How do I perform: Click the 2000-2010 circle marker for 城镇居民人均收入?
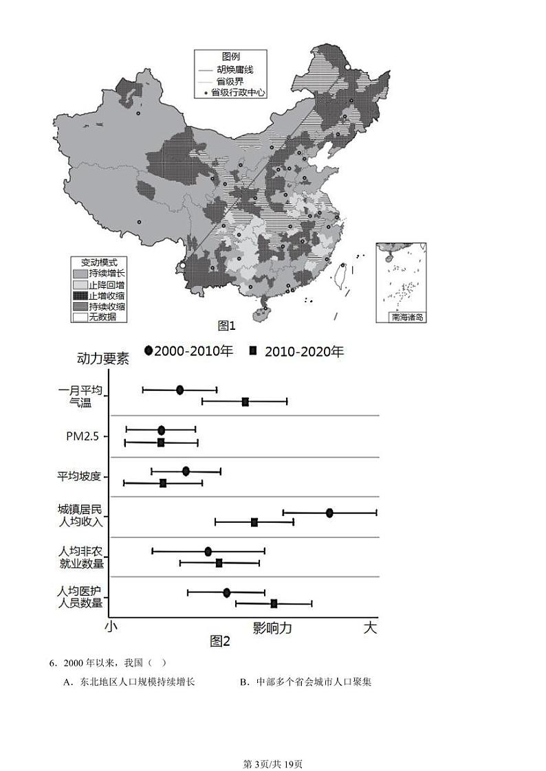tap(329, 513)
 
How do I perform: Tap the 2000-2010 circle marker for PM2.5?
tap(161, 430)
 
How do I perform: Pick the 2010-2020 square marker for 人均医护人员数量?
tap(274, 603)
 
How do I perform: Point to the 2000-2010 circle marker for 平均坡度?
tap(186, 471)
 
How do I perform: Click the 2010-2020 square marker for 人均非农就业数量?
tap(219, 563)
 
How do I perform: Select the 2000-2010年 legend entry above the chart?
tap(188, 351)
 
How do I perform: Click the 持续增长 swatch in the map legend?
tap(80, 273)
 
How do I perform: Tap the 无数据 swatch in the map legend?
tap(80, 317)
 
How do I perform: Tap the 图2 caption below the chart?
tap(220, 641)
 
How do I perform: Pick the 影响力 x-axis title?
tap(272, 627)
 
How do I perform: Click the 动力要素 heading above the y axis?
tap(103, 359)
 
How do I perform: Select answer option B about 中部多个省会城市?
tap(305, 682)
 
